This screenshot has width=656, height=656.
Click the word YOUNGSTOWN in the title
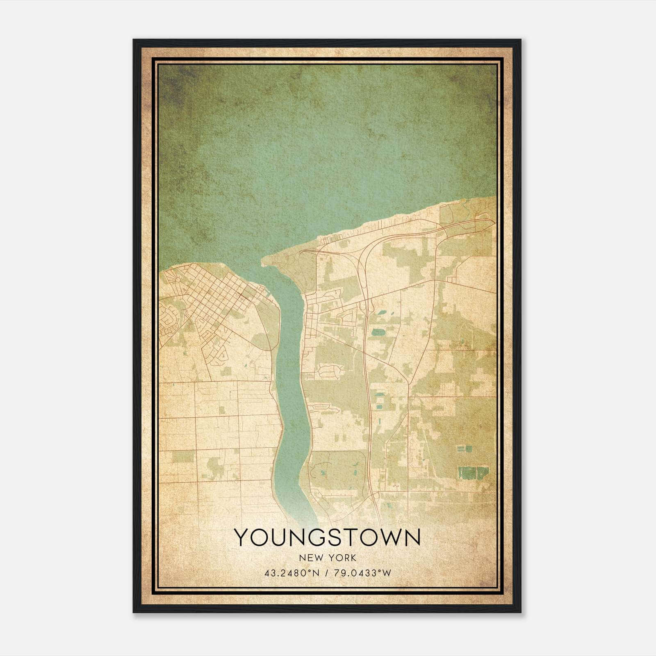click(x=327, y=538)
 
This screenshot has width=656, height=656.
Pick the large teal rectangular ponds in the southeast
click(x=472, y=472)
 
